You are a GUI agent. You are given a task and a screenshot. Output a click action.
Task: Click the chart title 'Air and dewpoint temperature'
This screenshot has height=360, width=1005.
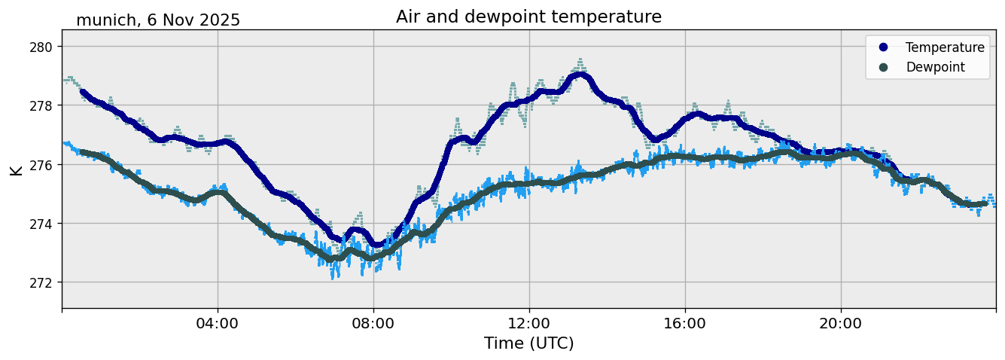point(528,17)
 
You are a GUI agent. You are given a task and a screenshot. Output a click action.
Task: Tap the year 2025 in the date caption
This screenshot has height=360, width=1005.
point(218,20)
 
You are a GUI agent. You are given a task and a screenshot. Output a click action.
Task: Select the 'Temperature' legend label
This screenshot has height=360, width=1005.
point(945,47)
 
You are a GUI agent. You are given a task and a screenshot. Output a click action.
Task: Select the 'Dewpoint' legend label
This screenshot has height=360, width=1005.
point(935,67)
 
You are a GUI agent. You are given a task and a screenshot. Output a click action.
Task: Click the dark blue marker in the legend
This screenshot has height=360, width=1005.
point(883,47)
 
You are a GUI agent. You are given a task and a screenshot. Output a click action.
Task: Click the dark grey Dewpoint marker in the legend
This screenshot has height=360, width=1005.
point(883,67)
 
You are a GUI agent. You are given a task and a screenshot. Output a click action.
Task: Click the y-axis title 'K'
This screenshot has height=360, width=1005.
point(17,169)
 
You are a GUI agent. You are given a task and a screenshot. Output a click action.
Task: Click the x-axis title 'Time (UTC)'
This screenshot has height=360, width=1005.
point(528,343)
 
